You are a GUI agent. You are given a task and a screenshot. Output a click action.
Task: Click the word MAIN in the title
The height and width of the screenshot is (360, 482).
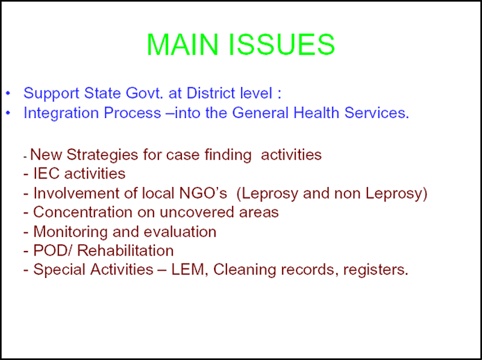[x=183, y=44]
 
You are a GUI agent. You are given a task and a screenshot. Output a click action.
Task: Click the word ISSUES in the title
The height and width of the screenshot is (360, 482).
[x=281, y=44]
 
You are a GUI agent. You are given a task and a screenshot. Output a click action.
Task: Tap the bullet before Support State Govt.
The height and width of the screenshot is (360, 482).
[x=8, y=93]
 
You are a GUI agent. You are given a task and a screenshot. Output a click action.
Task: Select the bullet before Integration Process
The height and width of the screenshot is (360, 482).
[x=8, y=113]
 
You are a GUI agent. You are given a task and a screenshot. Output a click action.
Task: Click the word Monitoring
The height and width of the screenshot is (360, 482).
[x=70, y=232]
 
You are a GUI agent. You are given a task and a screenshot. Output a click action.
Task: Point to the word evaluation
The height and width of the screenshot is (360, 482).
[x=180, y=232]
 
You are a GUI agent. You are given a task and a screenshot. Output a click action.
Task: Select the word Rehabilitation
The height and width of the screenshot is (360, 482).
[x=125, y=250]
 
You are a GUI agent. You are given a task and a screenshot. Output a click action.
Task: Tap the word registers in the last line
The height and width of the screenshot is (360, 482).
[x=375, y=270]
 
